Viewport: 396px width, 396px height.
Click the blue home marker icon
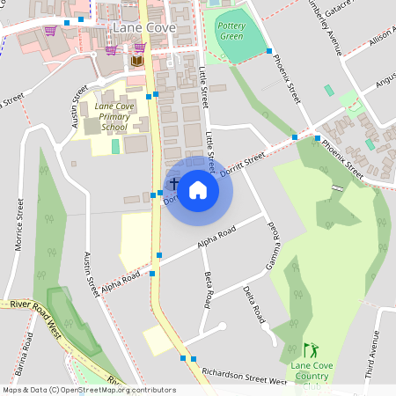pyautogui.click(x=198, y=189)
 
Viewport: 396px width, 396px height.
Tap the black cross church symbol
pyautogui.click(x=174, y=185)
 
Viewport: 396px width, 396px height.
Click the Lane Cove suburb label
pyautogui.click(x=145, y=28)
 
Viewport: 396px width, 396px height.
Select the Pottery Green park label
pyautogui.click(x=231, y=31)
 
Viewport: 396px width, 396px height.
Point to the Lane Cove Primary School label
pyautogui.click(x=114, y=117)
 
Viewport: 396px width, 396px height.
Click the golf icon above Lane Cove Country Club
pyautogui.click(x=309, y=350)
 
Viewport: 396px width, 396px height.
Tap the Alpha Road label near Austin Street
pyautogui.click(x=121, y=282)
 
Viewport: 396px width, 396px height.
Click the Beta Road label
pyautogui.click(x=209, y=290)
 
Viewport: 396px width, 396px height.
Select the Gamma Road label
pyautogui.click(x=273, y=246)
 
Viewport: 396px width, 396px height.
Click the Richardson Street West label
pyautogui.click(x=244, y=377)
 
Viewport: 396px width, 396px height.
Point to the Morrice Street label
pyautogui.click(x=18, y=224)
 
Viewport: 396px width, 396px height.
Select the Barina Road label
pyautogui.click(x=27, y=353)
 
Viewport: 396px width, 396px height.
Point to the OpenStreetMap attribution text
pyautogui.click(x=89, y=390)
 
